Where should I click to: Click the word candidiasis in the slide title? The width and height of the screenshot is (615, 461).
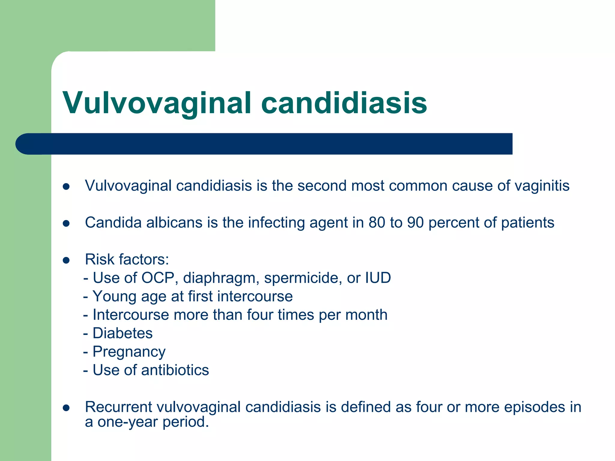344,103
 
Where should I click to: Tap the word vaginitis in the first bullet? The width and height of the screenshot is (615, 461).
542,185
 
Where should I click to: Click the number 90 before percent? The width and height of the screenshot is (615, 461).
415,223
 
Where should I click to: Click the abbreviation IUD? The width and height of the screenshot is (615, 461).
378,278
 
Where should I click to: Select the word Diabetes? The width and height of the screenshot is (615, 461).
123,333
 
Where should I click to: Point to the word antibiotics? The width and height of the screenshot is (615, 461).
175,370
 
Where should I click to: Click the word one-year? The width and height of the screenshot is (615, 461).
128,422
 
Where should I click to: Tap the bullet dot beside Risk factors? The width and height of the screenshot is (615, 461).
66,260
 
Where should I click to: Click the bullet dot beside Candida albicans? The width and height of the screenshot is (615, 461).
66,223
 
